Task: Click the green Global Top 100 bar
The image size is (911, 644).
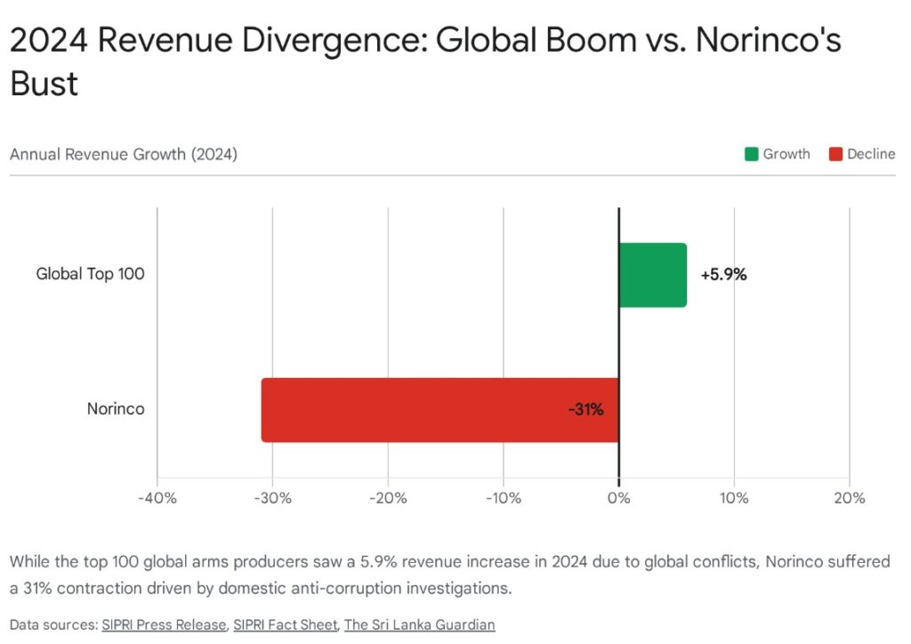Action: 652,275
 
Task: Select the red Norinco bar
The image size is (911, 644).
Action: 439,410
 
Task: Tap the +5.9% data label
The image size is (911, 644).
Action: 723,275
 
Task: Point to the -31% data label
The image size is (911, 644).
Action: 586,410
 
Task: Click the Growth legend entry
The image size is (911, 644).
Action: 778,154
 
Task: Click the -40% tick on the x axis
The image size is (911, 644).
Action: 157,498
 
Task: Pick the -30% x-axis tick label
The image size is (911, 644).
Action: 272,498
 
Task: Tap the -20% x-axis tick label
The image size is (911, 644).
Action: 388,498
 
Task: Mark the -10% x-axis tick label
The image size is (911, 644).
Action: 503,498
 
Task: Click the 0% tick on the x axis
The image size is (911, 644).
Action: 618,498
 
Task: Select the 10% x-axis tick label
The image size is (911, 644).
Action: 734,498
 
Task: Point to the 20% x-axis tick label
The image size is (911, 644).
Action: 849,498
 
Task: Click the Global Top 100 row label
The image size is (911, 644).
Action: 90,274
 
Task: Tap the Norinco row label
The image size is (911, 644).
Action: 116,409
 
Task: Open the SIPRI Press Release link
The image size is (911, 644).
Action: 163,624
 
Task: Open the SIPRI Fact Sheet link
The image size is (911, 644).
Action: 286,624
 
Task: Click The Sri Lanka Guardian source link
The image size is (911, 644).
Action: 419,624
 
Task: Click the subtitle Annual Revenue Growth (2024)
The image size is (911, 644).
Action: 124,154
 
